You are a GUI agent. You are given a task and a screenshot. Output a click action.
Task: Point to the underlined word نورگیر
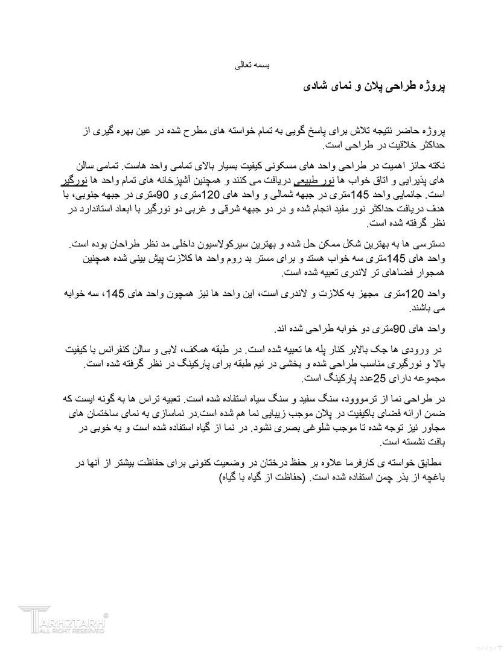pyautogui.click(x=73, y=180)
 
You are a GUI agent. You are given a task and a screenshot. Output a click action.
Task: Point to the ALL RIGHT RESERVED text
pyautogui.click(x=72, y=631)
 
